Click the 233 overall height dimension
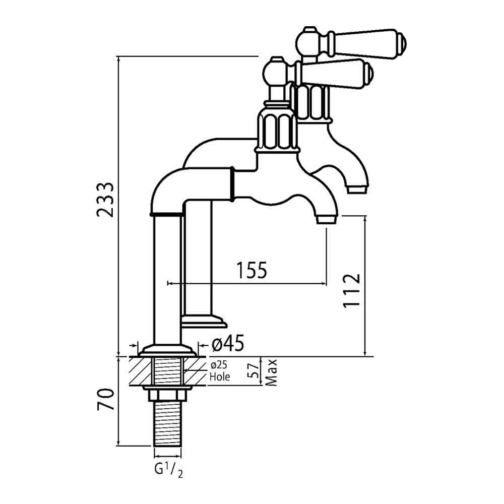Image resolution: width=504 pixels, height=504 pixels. [x=106, y=199]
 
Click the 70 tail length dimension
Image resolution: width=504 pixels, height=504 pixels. [x=105, y=400]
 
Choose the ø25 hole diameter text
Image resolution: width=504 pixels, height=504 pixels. [x=219, y=366]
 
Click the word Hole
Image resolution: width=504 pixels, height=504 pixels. [x=220, y=376]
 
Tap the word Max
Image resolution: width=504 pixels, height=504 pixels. [x=273, y=372]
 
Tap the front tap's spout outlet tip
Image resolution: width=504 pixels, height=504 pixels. [x=326, y=220]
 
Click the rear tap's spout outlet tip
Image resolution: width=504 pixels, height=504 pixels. [x=357, y=189]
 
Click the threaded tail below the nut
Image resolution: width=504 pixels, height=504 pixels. [x=167, y=423]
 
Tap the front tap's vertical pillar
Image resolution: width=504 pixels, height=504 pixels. [x=167, y=280]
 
